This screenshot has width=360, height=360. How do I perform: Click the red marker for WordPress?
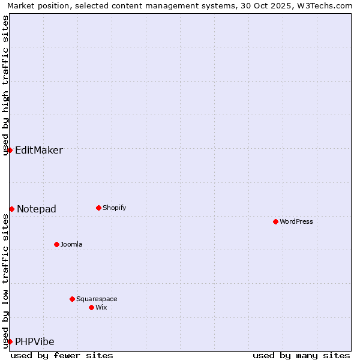[275, 221]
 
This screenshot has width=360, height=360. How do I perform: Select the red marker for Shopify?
[98, 208]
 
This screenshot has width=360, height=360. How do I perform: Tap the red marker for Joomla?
[56, 244]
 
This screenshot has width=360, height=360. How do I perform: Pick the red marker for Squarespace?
[72, 299]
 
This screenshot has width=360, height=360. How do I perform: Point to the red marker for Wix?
[91, 307]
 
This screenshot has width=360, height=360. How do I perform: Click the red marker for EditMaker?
[10, 150]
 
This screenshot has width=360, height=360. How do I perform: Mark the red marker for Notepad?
[11, 209]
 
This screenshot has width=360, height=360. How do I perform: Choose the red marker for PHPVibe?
[10, 341]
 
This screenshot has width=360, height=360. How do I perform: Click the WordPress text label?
[296, 221]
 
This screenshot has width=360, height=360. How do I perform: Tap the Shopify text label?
[115, 208]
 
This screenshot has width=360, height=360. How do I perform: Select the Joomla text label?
[71, 244]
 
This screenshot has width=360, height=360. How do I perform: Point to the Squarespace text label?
[97, 299]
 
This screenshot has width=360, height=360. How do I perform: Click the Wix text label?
[101, 307]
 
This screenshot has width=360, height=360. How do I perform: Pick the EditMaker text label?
[39, 150]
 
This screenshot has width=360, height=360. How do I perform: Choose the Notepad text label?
[37, 209]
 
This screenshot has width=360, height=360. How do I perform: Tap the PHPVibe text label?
[35, 341]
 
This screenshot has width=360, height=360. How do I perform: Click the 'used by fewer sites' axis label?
[62, 355]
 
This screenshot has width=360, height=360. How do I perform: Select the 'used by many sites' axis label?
[301, 355]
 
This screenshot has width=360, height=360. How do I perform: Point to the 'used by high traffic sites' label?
[5, 85]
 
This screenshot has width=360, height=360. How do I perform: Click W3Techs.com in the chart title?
[325, 5]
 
